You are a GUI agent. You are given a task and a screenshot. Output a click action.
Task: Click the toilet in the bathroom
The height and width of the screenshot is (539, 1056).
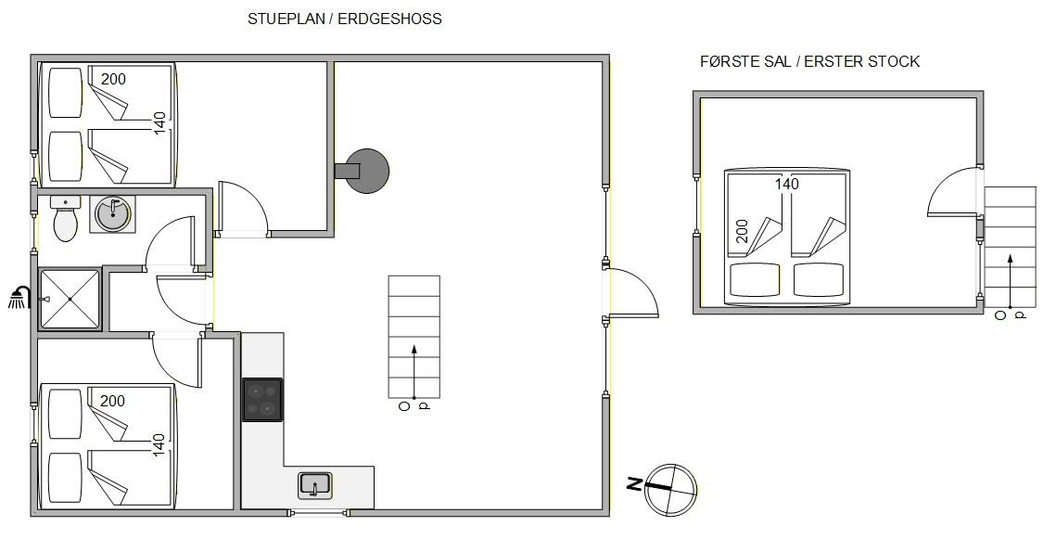65,219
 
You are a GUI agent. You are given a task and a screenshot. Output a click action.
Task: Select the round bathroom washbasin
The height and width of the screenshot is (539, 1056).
112,214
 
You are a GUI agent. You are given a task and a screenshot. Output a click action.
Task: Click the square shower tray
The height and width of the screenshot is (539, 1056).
70,299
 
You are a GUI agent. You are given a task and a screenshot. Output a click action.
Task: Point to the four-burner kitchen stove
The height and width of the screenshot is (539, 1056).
262,400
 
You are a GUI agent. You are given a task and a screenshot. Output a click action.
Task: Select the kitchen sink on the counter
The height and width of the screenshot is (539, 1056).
315,485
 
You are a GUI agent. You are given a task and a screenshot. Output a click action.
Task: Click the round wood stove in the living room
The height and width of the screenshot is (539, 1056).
365,171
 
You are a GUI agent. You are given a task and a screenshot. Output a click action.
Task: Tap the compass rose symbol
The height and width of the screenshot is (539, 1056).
670,489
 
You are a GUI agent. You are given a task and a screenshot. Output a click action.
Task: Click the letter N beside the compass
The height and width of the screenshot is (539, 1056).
634,483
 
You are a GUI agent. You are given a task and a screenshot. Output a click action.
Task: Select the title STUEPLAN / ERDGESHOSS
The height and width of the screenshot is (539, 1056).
345,19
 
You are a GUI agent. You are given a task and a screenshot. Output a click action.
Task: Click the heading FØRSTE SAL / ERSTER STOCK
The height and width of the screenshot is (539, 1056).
809,62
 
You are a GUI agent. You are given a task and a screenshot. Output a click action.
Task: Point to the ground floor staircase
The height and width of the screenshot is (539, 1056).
414,337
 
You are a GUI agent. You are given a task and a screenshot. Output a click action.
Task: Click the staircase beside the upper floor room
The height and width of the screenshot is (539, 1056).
1011,247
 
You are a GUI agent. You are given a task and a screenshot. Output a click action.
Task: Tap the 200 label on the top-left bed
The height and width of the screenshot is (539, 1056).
113,80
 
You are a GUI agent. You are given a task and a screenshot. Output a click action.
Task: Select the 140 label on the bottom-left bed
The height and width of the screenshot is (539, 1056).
159,444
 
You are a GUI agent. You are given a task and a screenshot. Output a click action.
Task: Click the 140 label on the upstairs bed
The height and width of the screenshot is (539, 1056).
786,184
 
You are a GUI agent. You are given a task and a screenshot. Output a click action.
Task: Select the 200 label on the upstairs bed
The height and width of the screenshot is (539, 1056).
742,232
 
